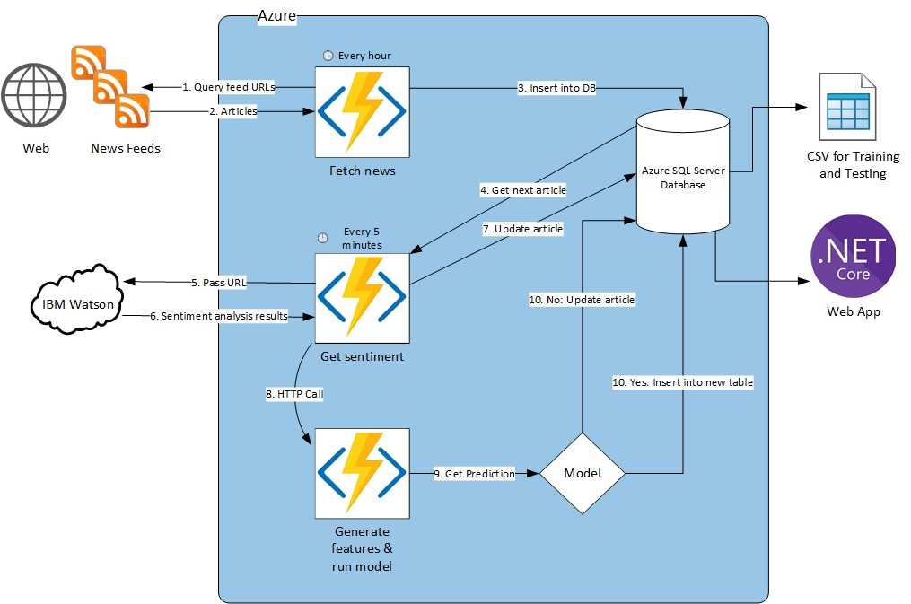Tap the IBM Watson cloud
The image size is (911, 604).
click(76, 303)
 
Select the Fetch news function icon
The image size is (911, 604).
click(362, 112)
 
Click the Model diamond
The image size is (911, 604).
click(582, 473)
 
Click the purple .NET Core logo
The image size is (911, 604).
click(854, 255)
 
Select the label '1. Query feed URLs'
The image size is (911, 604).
click(228, 87)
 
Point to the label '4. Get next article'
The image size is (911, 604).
click(523, 190)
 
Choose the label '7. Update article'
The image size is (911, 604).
click(522, 229)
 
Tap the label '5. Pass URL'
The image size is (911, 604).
click(218, 283)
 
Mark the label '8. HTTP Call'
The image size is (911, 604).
click(294, 394)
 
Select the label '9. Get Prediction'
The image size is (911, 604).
click(474, 473)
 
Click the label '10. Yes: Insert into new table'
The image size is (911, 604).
click(682, 382)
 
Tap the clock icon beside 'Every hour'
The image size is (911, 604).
click(328, 56)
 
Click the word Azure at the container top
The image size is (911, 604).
click(276, 16)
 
